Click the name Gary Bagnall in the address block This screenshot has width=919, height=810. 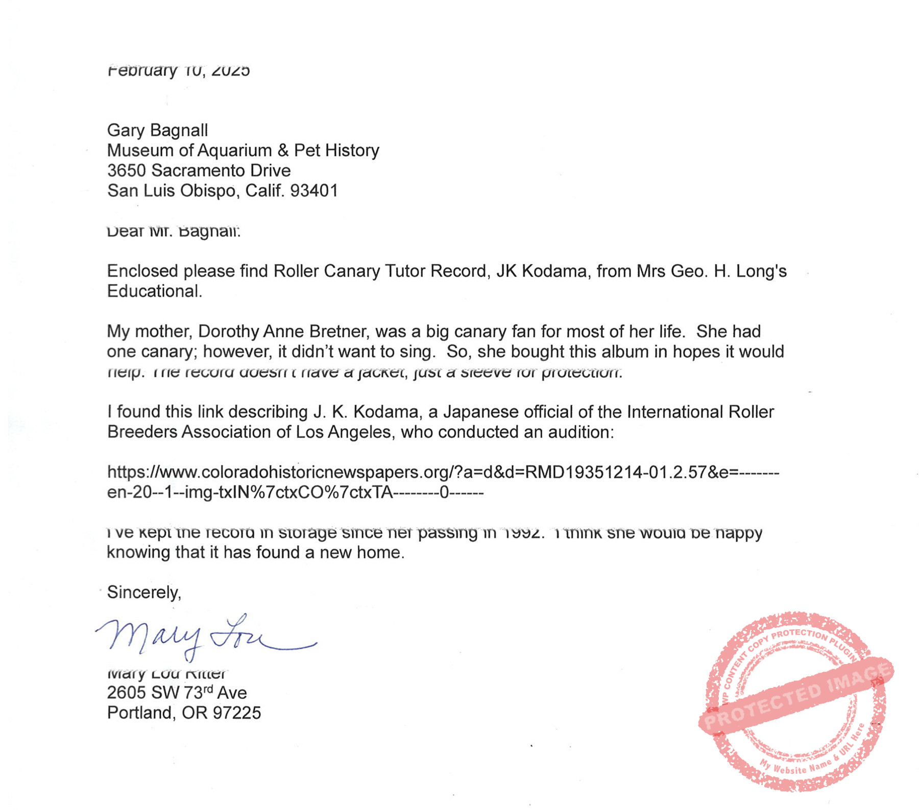[157, 131]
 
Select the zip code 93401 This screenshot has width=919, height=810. [314, 191]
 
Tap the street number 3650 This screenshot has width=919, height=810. [127, 170]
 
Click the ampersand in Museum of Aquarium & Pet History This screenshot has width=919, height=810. [283, 151]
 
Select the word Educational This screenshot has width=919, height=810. [154, 291]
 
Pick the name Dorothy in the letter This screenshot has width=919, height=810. [229, 332]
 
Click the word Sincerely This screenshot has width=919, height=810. [143, 593]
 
